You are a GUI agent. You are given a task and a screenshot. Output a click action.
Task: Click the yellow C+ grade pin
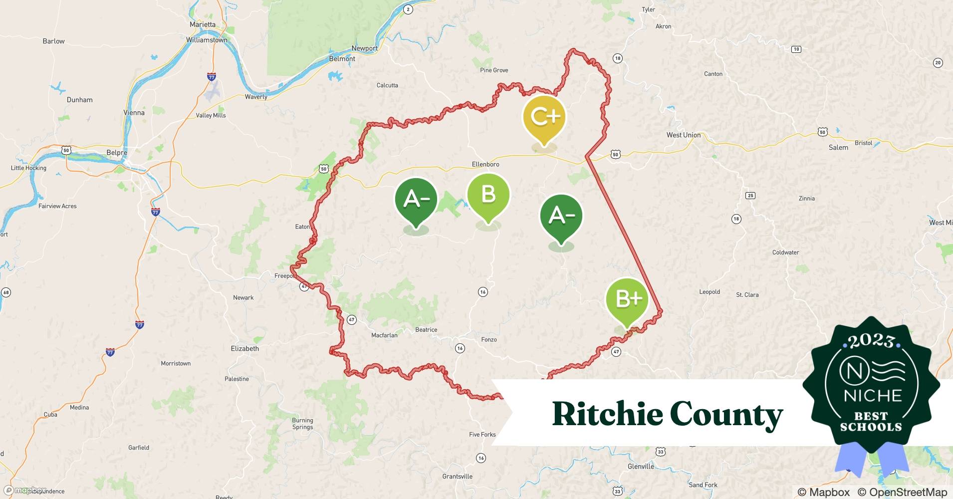click(544, 118)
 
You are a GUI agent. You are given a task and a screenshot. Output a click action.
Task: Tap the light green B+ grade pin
click(627, 299)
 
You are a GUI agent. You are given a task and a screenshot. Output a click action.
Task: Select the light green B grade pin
click(488, 196)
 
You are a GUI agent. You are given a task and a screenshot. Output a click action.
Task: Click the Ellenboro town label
click(485, 164)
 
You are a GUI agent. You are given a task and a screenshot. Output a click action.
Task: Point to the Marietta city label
click(203, 24)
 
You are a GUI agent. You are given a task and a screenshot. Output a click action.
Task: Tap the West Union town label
click(684, 135)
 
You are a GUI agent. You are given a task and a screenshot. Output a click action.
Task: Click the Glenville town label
click(641, 467)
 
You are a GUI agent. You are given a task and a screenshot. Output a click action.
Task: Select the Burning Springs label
click(302, 424)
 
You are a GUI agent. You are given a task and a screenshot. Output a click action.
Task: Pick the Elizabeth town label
click(245, 349)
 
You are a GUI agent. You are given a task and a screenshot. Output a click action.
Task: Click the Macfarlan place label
click(384, 335)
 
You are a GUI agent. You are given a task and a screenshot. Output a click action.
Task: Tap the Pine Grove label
click(494, 70)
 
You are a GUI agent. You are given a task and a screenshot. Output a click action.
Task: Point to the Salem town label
click(838, 148)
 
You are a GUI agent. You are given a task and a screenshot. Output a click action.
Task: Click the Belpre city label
click(117, 153)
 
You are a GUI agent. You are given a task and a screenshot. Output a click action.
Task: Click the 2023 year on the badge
click(871, 341)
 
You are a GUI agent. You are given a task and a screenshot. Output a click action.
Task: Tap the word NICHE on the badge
click(873, 396)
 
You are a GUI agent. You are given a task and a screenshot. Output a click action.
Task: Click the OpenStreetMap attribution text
click(902, 492)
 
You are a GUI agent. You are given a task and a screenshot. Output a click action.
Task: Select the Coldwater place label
click(785, 252)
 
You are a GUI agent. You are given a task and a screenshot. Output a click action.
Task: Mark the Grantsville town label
click(457, 477)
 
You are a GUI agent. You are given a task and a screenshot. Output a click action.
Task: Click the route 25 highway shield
click(750, 196)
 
